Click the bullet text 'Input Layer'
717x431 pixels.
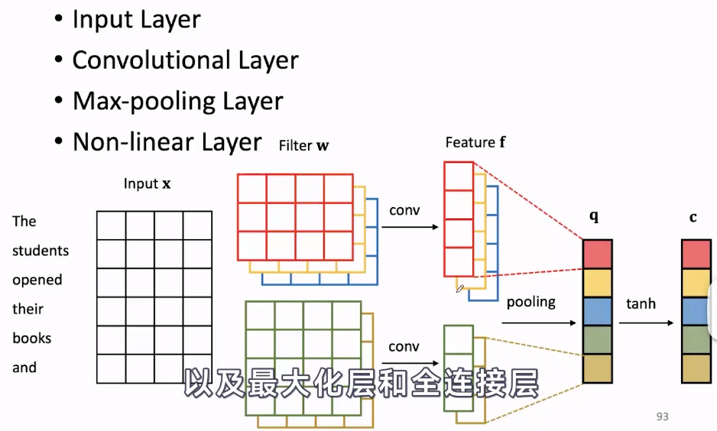[136, 20]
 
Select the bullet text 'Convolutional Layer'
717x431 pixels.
[185, 60]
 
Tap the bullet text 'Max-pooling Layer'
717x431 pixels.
[177, 102]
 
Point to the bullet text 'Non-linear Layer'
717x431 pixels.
[167, 142]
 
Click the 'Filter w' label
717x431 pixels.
[304, 145]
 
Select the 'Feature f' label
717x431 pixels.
[475, 142]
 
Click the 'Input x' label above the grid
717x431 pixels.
[147, 184]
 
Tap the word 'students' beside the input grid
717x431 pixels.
[41, 251]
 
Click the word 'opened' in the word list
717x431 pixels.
[37, 280]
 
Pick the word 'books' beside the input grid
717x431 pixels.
[32, 338]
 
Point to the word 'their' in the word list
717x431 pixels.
[28, 309]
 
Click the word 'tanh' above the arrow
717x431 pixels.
[641, 303]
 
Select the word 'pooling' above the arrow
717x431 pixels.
[530, 301]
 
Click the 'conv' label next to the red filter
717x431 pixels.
[404, 210]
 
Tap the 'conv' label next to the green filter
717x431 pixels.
[404, 347]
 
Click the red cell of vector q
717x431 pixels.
[598, 254]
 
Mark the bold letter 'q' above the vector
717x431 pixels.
[594, 216]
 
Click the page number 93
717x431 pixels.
[662, 416]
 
